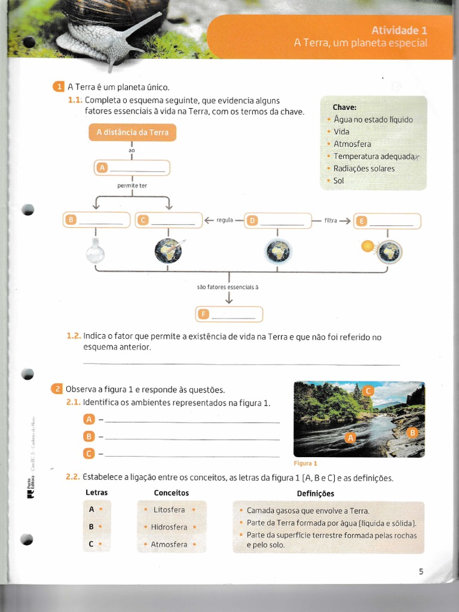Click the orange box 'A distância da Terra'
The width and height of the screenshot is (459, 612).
(132, 132)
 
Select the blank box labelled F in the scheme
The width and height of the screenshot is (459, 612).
(229, 314)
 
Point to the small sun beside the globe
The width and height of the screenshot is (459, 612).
(368, 246)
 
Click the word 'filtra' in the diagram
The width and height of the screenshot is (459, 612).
(331, 221)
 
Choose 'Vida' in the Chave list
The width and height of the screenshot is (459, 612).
(341, 131)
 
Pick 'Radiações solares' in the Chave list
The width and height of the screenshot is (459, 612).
(363, 169)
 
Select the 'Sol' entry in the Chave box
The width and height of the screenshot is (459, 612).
(338, 180)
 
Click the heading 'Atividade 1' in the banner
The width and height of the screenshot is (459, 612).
(399, 30)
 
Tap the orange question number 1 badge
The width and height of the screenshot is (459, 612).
(59, 87)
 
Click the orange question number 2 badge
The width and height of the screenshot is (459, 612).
(57, 389)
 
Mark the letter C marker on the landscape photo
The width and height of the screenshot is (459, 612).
(368, 391)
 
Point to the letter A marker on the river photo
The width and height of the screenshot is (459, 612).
(351, 438)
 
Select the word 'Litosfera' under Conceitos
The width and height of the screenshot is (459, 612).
(169, 510)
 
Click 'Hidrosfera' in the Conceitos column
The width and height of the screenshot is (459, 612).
(169, 527)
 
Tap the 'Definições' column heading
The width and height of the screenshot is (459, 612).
(316, 494)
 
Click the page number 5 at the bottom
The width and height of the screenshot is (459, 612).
(421, 571)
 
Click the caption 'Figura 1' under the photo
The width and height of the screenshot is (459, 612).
(305, 463)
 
